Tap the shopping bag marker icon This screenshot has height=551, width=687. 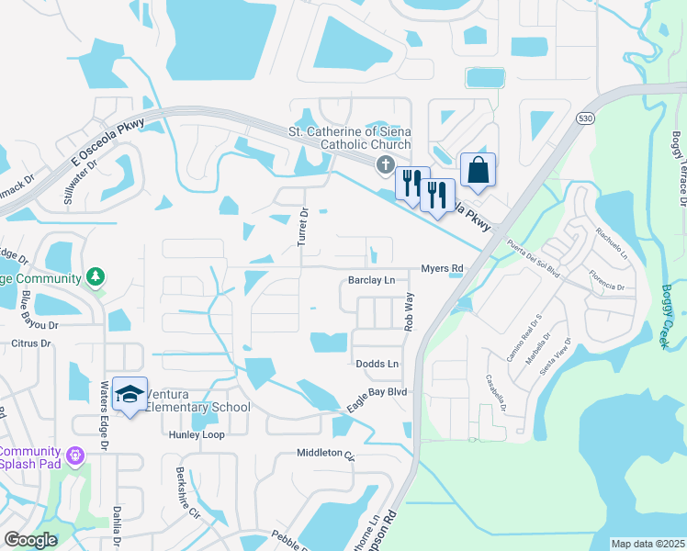point(478,170)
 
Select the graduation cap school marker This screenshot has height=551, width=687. point(131,395)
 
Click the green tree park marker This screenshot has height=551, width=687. point(95,276)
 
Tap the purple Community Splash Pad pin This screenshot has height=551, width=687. point(75,455)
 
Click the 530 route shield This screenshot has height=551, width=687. point(584,118)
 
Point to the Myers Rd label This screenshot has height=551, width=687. point(443,268)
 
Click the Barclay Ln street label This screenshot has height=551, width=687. point(371,280)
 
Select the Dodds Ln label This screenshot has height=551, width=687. point(377,365)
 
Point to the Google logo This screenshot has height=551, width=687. point(30,540)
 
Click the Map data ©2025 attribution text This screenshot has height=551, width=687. point(648,544)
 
